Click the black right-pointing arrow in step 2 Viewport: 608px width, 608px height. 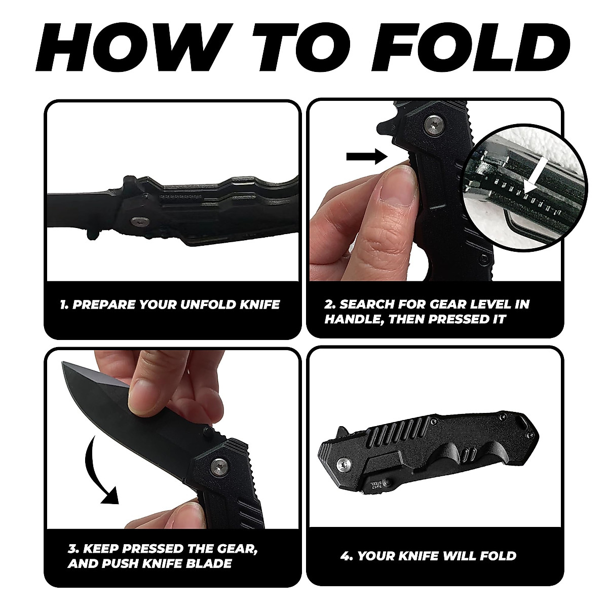pos(363,157)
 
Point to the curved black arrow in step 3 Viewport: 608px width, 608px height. pos(99,472)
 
